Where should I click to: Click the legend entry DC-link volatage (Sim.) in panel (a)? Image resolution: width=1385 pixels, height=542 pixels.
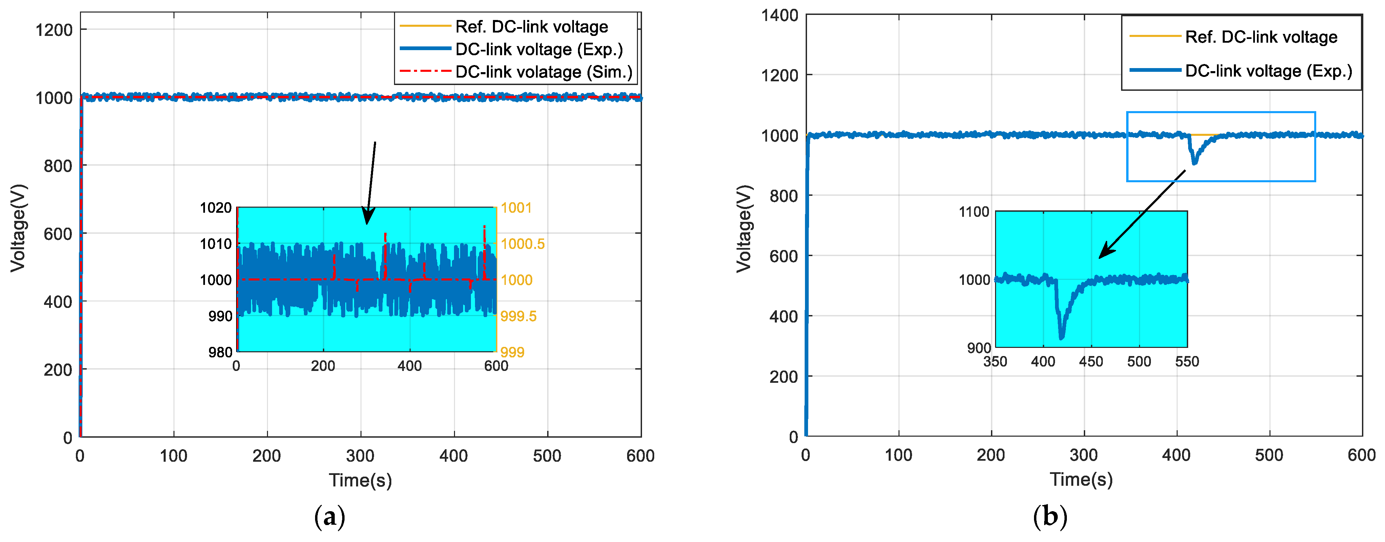(543, 72)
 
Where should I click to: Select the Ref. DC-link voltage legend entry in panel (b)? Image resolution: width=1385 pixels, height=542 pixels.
(1261, 37)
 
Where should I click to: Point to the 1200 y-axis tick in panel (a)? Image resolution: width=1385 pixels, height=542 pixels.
(54, 30)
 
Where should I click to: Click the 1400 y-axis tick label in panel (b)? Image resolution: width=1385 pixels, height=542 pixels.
(780, 16)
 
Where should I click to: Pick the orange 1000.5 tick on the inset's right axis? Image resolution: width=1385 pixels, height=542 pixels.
(523, 244)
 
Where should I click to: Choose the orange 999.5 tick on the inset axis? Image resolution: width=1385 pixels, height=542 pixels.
(518, 316)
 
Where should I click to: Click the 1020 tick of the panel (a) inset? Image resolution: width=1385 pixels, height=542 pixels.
(215, 208)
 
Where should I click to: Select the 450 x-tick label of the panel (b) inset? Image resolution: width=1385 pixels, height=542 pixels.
(1091, 362)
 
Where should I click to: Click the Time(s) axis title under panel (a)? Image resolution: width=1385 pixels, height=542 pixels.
(360, 480)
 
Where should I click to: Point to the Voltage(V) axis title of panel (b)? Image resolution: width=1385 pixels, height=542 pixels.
(744, 229)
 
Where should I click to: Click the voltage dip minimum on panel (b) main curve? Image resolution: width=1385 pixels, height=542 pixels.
(1195, 162)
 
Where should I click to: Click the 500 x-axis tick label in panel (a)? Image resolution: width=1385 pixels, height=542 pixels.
(547, 456)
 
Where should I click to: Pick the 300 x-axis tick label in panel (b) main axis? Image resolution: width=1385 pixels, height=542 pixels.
(1084, 455)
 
